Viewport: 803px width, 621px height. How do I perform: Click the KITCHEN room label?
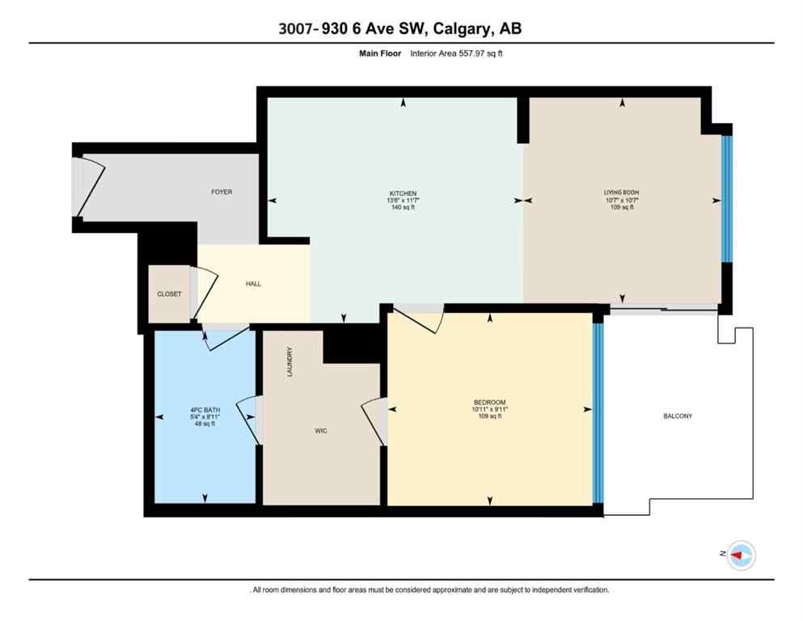coord(403,193)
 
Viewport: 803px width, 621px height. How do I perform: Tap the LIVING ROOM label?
coord(622,192)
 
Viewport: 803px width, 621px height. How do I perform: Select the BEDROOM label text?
coord(489,403)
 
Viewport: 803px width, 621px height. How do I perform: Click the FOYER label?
coord(221,192)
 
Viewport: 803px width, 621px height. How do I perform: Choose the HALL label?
coord(253,284)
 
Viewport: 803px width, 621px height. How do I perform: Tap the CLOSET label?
coord(169,294)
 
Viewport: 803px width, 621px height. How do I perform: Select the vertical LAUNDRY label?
coord(289,362)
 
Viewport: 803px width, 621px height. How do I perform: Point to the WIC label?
coord(321,431)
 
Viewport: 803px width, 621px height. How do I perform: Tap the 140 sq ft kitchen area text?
coord(403,208)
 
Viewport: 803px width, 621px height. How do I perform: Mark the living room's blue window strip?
coord(725,199)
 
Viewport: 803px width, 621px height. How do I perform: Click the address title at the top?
coord(401,28)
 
